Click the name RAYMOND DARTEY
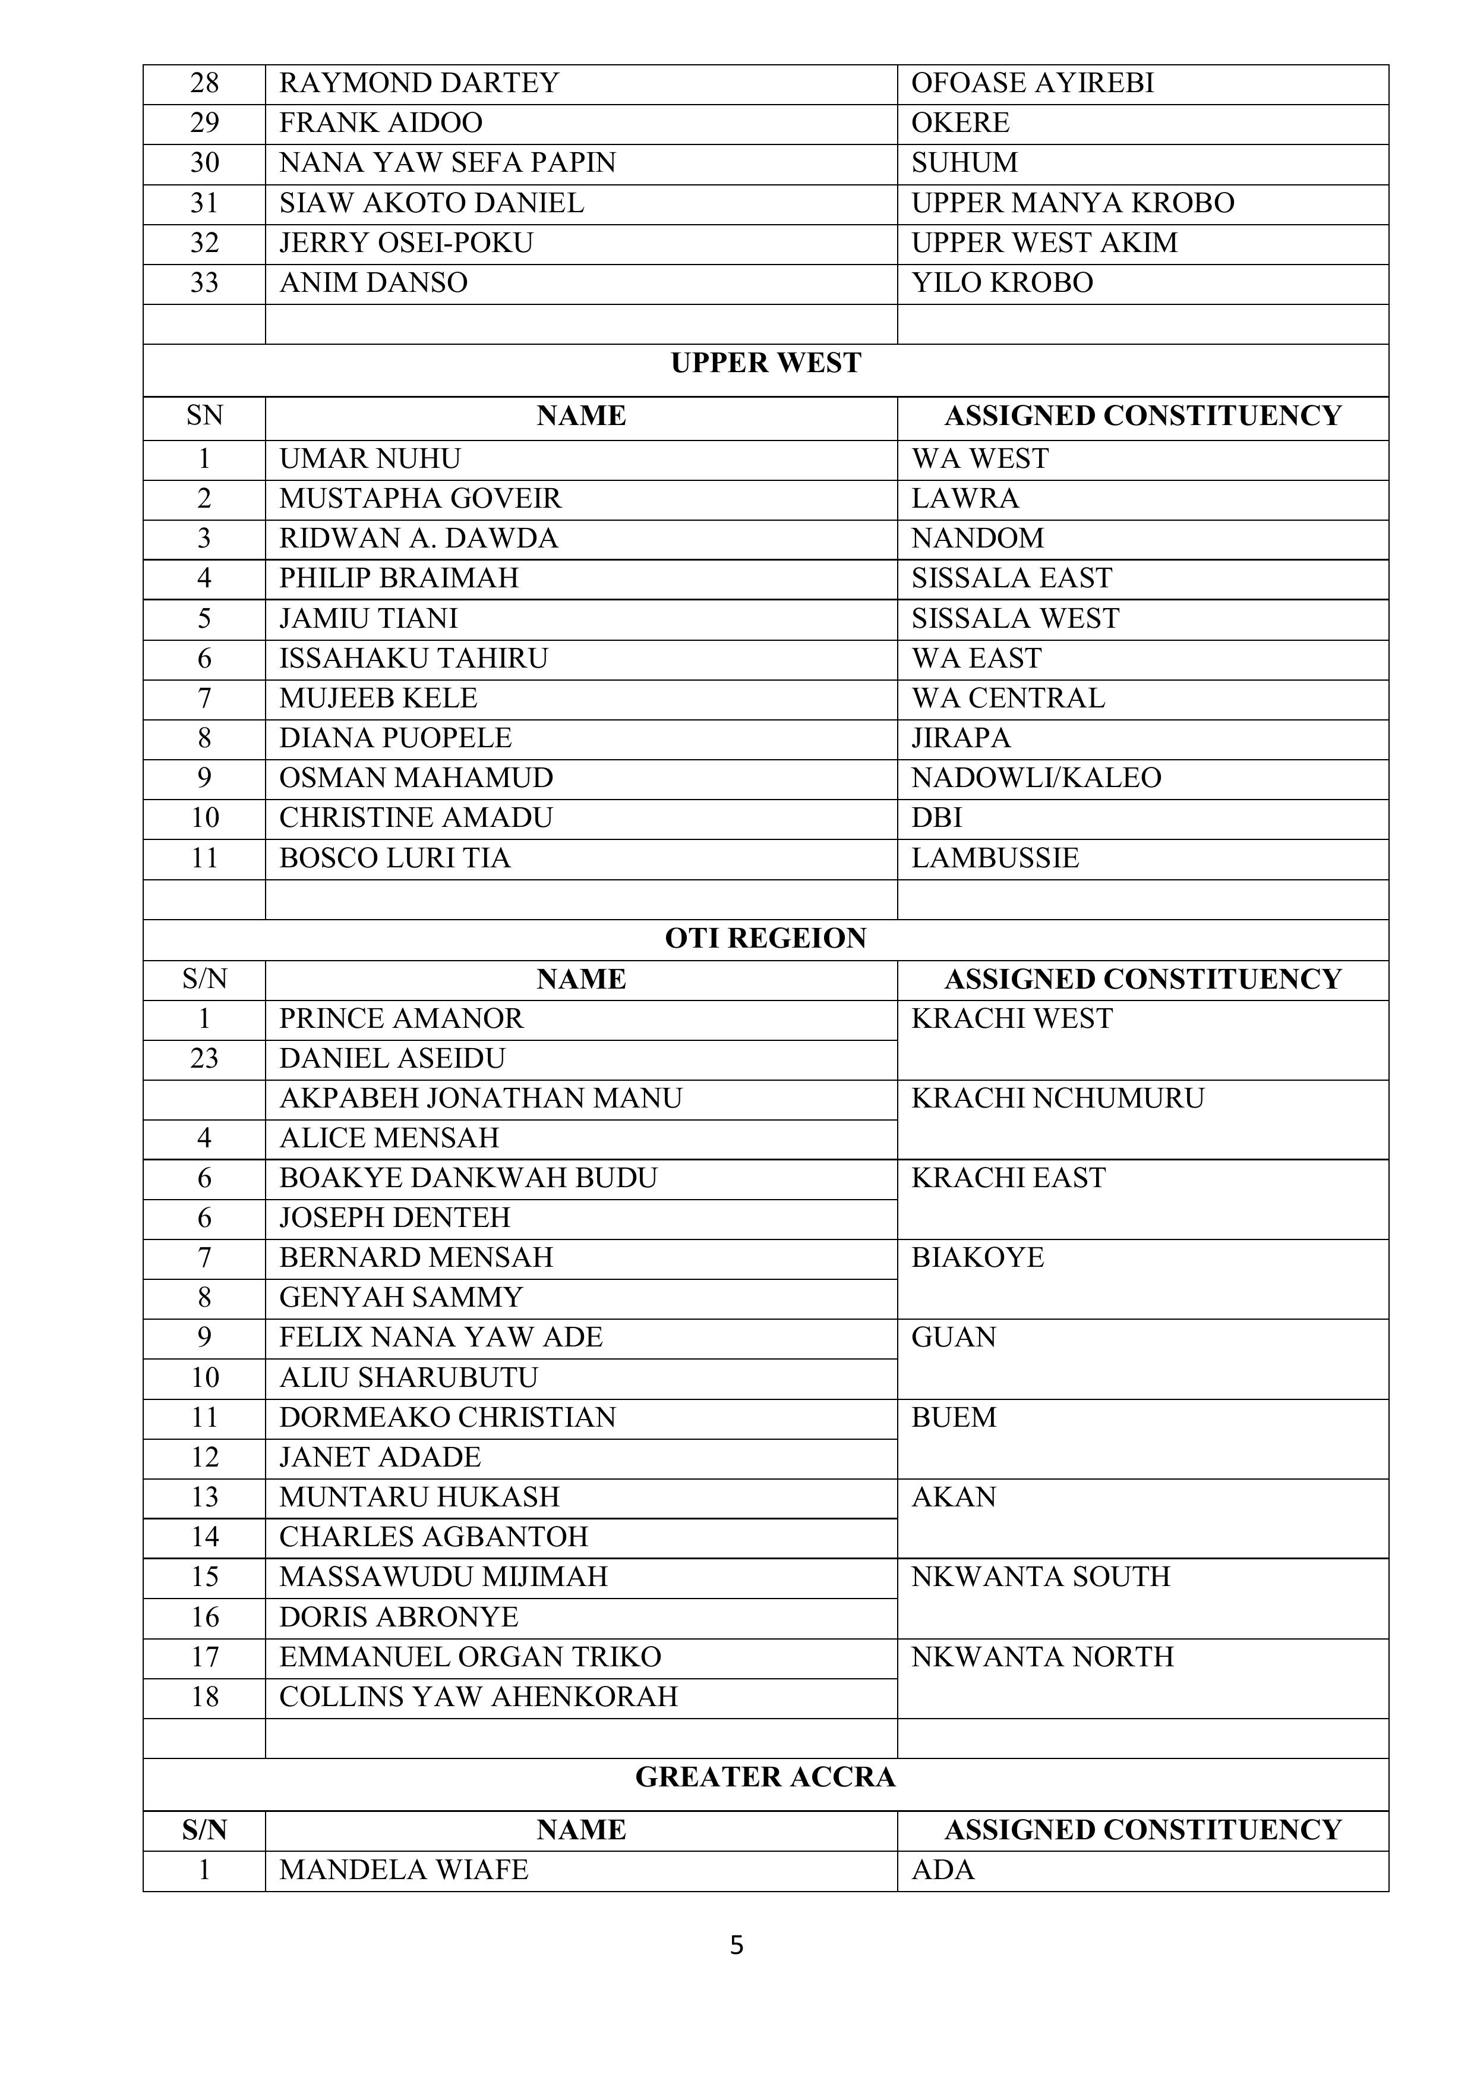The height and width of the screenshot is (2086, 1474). [x=419, y=83]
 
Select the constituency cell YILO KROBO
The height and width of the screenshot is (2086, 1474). [x=1002, y=282]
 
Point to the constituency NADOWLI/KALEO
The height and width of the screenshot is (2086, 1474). [x=1036, y=778]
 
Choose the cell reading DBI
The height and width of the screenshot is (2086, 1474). [x=936, y=817]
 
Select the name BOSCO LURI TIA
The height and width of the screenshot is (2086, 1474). [x=395, y=858]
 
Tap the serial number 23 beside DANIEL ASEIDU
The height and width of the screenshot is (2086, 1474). [x=204, y=1058]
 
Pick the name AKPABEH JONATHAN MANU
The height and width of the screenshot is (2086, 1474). [x=481, y=1099]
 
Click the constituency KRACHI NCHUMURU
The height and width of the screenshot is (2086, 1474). [x=1057, y=1099]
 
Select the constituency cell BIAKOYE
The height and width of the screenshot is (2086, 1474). [x=977, y=1257]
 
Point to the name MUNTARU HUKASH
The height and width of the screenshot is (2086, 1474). [x=419, y=1497]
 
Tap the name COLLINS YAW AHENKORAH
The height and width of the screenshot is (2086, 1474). [x=479, y=1697]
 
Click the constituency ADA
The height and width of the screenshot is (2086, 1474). [x=943, y=1870]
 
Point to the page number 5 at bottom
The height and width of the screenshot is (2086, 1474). [x=737, y=1945]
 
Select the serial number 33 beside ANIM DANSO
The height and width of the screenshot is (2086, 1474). [x=204, y=282]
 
